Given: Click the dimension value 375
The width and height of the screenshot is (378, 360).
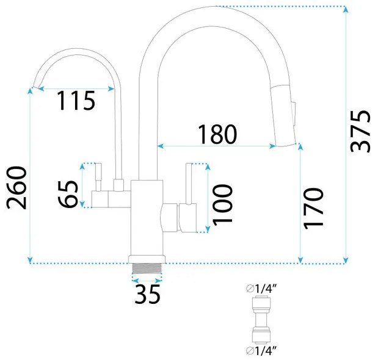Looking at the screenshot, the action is click(x=360, y=131).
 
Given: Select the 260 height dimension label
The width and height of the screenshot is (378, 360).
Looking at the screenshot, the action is click(x=16, y=188).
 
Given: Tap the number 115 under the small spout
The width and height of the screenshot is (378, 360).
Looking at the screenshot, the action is click(x=76, y=101).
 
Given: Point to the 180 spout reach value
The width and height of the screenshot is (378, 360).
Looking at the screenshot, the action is click(x=217, y=134).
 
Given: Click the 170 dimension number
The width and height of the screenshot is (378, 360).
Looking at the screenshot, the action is click(x=313, y=209).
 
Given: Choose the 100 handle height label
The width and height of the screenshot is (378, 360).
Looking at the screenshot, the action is click(x=222, y=205).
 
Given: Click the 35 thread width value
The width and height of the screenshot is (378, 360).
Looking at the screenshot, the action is click(x=148, y=294).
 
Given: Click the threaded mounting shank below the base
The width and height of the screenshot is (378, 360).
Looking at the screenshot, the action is click(x=147, y=268).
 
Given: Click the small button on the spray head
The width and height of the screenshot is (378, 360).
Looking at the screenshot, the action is click(x=294, y=113).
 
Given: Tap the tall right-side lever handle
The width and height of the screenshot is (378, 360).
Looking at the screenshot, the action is click(x=189, y=184).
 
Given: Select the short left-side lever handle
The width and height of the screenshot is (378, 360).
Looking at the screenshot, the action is click(x=98, y=177).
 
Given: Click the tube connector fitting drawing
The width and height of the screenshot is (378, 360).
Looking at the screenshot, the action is click(x=261, y=320).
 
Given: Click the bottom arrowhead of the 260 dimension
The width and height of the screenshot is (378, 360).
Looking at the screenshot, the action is click(x=30, y=261).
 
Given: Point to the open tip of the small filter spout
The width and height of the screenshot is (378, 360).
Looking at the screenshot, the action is click(x=36, y=87).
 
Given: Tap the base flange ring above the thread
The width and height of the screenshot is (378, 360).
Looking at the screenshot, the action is click(x=147, y=259).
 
